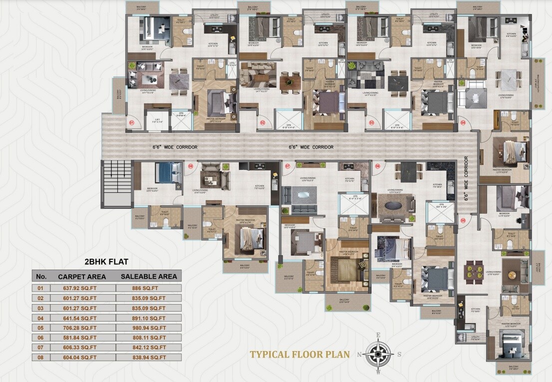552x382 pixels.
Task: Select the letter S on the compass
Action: pyautogui.click(x=400, y=355)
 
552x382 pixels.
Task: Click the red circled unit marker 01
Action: pyautogui.click(x=131, y=122)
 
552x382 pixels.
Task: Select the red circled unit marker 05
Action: pyautogui.click(x=463, y=220)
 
